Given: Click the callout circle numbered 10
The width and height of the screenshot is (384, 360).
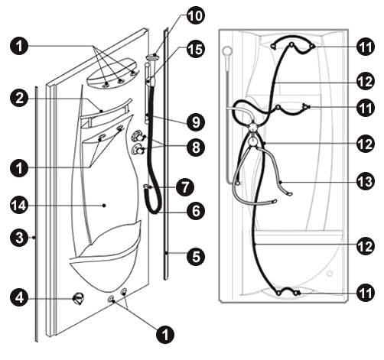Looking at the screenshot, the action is click(196, 15).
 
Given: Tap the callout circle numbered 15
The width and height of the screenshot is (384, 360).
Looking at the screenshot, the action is click(196, 49).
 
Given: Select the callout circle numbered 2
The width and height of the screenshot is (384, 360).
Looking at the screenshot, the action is click(19, 99).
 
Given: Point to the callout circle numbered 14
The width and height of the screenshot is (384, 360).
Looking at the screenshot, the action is click(19, 206).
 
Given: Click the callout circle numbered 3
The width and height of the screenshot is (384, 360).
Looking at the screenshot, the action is click(19, 238).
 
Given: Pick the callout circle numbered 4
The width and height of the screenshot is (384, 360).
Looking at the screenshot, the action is click(19, 297).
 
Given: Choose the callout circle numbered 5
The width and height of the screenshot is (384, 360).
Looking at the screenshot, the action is click(196, 257).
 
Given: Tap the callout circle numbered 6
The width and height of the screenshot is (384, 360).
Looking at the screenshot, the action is click(196, 211).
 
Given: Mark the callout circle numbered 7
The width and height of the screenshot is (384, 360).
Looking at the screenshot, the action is click(185, 187).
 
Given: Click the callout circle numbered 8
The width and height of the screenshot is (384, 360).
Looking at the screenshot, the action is click(196, 148).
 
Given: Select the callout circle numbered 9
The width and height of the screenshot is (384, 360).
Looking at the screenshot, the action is click(196, 122).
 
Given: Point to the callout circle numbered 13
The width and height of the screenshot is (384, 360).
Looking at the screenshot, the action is click(366, 182).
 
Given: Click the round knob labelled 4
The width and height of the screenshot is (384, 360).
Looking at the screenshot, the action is click(79, 298).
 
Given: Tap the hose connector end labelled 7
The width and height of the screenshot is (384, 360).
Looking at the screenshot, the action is click(147, 187).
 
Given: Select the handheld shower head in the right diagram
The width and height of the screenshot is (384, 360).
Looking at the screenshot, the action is click(227, 50).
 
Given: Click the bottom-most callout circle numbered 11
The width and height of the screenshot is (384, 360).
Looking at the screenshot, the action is click(366, 293).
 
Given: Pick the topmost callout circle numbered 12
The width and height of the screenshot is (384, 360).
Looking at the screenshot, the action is click(366, 82).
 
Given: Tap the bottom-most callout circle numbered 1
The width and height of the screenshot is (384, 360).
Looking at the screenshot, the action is click(165, 334).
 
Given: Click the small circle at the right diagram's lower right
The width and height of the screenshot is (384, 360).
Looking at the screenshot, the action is click(330, 274).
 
